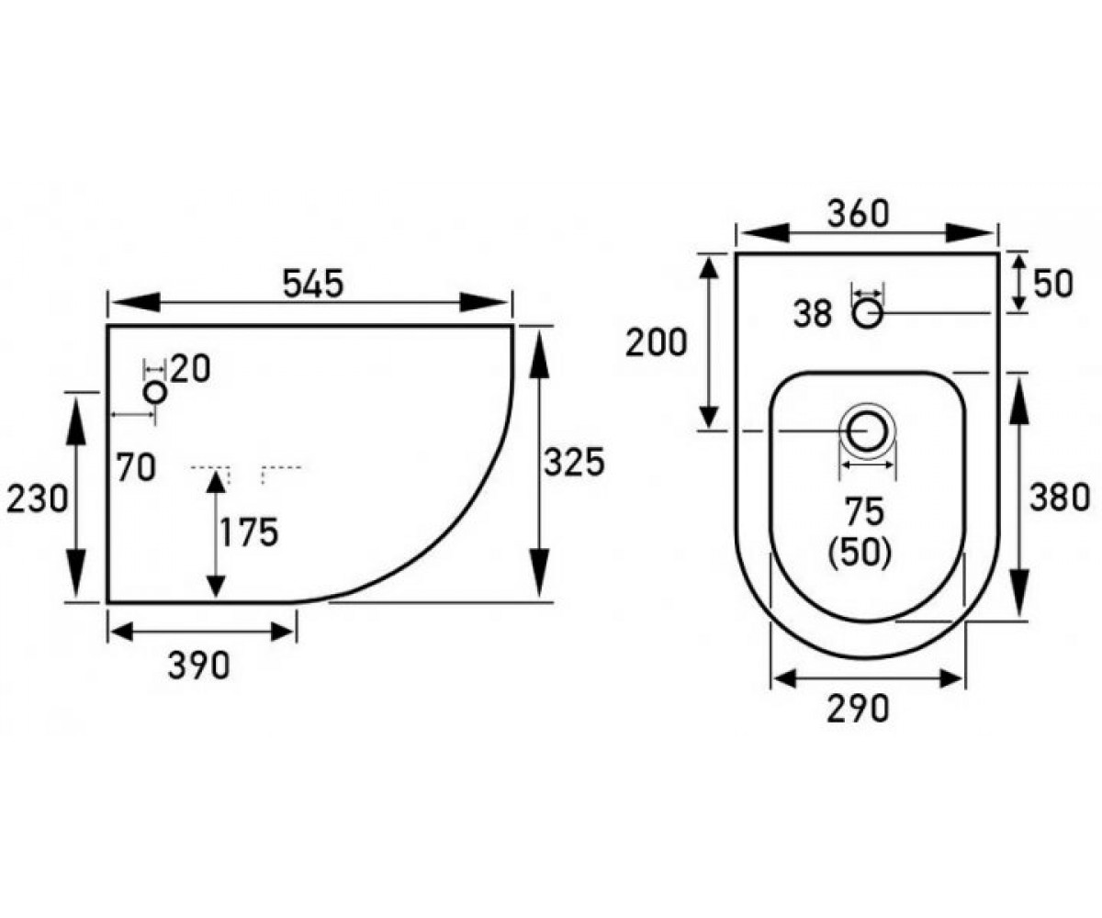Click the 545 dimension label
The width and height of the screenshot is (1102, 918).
[x=313, y=284]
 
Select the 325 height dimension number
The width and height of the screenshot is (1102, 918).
[x=574, y=462]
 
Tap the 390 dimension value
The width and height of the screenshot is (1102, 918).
[x=199, y=666]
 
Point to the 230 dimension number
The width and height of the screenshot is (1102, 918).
[x=37, y=498]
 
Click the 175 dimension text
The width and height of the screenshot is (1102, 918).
[x=249, y=532]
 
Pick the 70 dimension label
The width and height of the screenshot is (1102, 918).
[x=137, y=468]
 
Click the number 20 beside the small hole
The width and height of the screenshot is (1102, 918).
[x=190, y=368]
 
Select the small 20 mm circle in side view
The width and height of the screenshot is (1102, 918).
[x=155, y=393]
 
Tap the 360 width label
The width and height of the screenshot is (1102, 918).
[x=858, y=214]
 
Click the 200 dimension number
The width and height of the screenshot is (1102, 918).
[x=656, y=342]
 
